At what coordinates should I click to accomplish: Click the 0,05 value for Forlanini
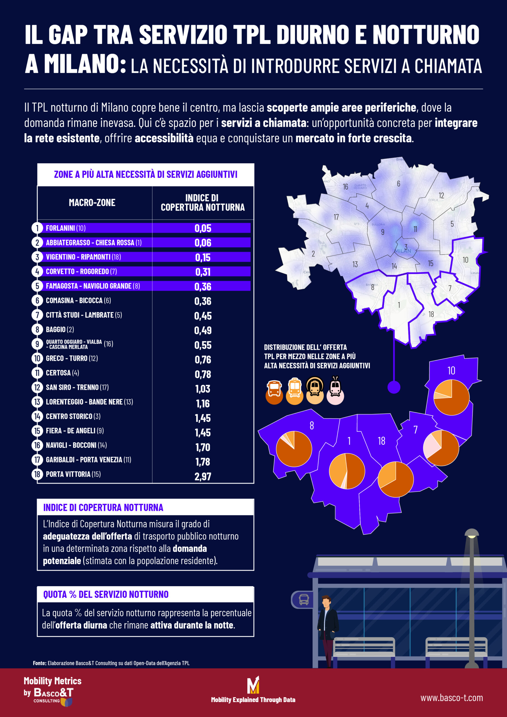[x=203, y=228]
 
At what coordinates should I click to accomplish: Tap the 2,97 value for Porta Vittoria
[x=203, y=476]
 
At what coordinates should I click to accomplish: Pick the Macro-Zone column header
[x=92, y=203]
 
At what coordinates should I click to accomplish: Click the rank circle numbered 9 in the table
[x=37, y=344]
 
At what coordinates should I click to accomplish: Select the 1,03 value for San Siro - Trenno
[x=203, y=389]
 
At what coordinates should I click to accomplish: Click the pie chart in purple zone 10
[x=451, y=397]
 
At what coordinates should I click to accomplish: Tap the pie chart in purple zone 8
[x=294, y=449]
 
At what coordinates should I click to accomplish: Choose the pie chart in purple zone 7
[x=441, y=448]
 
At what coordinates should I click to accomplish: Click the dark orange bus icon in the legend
[x=274, y=392]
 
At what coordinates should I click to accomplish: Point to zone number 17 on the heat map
[x=336, y=217]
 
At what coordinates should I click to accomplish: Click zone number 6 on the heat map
[x=399, y=184]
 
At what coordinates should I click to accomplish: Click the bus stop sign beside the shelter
[x=303, y=600]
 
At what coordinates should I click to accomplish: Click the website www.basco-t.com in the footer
[x=451, y=698]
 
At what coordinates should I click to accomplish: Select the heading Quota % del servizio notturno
[x=106, y=594]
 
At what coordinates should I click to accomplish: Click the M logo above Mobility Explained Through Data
[x=253, y=685]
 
